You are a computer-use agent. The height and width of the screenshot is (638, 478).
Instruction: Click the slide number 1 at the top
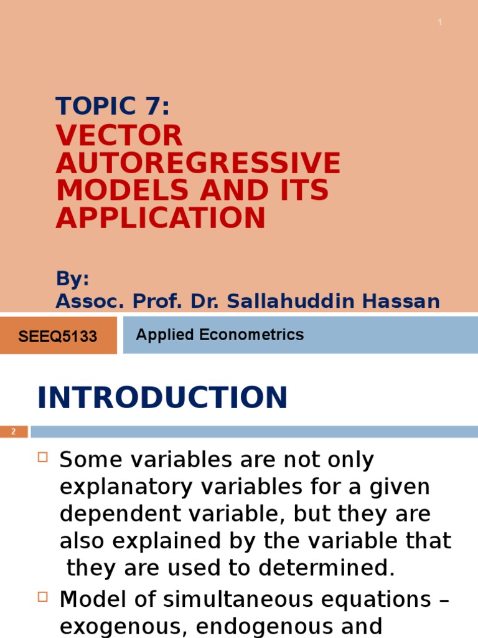point(440,22)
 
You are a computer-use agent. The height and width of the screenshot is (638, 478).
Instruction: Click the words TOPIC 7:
point(113,107)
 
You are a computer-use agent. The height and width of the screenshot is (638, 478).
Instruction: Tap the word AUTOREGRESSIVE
point(198,163)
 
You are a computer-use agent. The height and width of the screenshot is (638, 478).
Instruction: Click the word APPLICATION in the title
point(161,217)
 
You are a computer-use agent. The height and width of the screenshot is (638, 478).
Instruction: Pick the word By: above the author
point(73,279)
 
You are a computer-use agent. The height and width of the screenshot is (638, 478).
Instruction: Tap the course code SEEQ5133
point(58,336)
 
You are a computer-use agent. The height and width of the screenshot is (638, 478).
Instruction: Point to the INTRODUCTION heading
point(162,398)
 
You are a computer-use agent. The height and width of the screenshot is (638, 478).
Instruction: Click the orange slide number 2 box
point(14,432)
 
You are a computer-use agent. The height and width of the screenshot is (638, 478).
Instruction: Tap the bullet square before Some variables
point(43,458)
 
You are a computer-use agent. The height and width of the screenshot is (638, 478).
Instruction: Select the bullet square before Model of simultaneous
point(43,598)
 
